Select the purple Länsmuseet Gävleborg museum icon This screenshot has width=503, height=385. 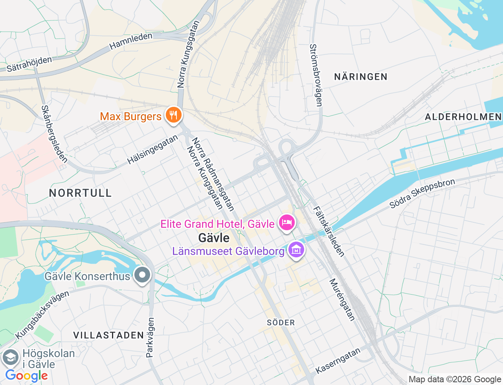pos(296,250)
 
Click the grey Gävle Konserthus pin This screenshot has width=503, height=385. pos(142,275)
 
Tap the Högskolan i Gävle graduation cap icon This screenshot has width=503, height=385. pos(10,358)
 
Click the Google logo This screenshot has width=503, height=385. pos(26,376)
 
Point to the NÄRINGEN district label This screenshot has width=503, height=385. pos(360,77)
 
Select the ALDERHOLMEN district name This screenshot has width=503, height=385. pos(463,117)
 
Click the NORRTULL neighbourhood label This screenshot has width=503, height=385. pos(81,193)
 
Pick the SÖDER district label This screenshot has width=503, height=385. pos(281,323)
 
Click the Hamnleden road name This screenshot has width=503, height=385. pos(131,41)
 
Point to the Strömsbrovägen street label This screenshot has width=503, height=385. pos(316,75)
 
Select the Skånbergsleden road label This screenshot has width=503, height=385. pos(54,134)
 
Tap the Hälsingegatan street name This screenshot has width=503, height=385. pos(152,150)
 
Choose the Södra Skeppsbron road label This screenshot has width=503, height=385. pos(422,193)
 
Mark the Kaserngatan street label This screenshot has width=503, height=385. pos(338,361)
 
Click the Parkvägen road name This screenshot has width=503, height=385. pos(150,337)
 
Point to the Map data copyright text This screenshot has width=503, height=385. pos(455,379)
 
